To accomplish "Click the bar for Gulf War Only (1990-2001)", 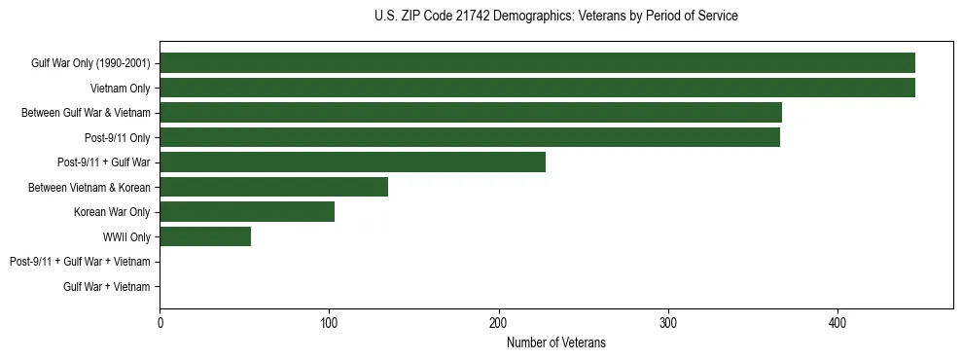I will [x=537, y=63].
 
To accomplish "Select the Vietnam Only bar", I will [x=537, y=88].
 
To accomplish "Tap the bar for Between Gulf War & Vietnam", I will [x=471, y=113].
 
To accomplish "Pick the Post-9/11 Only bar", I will [x=470, y=137].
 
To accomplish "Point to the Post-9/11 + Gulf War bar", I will [x=352, y=162].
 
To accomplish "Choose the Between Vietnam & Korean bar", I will [x=273, y=187].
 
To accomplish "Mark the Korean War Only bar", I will [x=247, y=212].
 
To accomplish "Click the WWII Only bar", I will [x=205, y=236].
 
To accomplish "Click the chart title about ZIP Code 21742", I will [x=555, y=17].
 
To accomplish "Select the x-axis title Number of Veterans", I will [x=555, y=342].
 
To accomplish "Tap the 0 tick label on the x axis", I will [x=160, y=323].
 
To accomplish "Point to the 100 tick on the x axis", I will [x=329, y=323].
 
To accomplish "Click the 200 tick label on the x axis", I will [x=499, y=323].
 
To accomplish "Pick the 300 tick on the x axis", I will [x=668, y=323].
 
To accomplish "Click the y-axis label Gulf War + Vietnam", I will [x=107, y=286].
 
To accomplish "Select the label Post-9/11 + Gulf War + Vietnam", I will [x=80, y=262].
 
